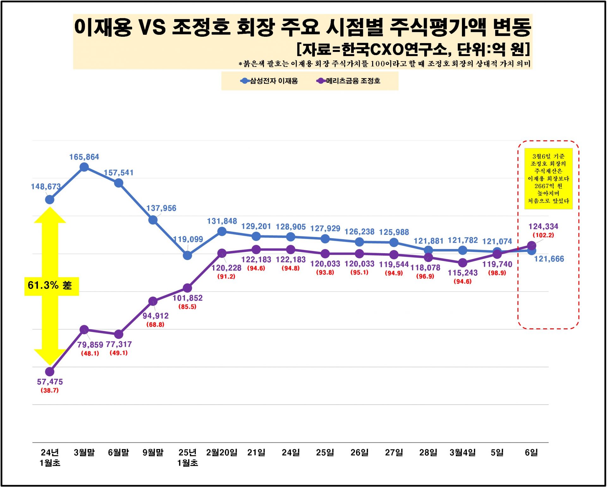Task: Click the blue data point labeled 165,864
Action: (x=84, y=167)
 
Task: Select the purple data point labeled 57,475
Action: (x=50, y=372)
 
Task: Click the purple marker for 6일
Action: (x=531, y=246)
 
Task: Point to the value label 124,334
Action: (x=543, y=226)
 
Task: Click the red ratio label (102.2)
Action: (x=543, y=235)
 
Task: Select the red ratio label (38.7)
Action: (x=50, y=390)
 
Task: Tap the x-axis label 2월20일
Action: (x=222, y=453)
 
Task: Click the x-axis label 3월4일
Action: (x=463, y=453)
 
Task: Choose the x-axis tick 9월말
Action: (x=153, y=453)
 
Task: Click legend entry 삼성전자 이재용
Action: (x=273, y=81)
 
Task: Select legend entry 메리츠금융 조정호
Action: (x=353, y=81)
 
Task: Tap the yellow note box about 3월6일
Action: (x=548, y=178)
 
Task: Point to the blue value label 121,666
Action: (x=549, y=259)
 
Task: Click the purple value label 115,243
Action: (x=463, y=272)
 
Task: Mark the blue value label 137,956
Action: (x=161, y=208)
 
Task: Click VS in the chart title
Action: (x=152, y=27)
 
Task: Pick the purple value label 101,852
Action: (x=187, y=298)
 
